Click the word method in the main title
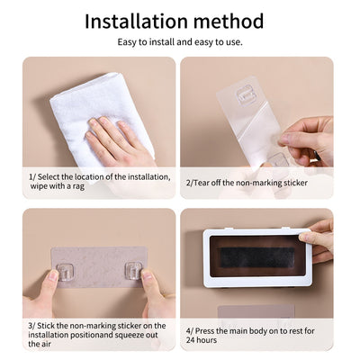229,21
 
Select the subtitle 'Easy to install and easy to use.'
180,41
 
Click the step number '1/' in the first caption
31,177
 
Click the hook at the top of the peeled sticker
244,94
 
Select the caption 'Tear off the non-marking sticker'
250,182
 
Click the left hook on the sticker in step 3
64,269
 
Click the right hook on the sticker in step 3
131,268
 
